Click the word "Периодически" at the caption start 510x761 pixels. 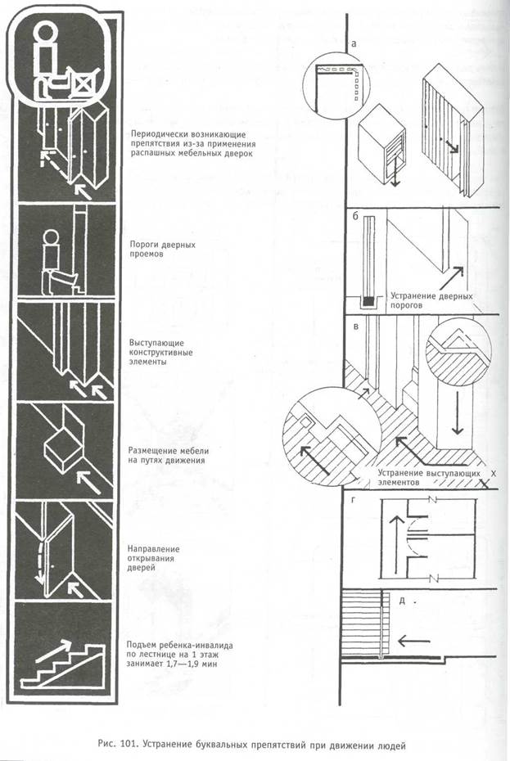click(x=166, y=133)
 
